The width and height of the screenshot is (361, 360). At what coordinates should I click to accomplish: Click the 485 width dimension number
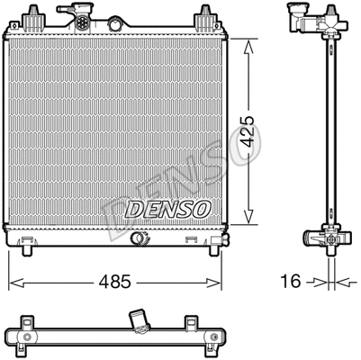(x=115, y=282)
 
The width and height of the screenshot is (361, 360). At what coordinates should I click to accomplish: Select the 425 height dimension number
(x=248, y=131)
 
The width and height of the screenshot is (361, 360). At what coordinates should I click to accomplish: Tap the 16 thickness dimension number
(x=290, y=281)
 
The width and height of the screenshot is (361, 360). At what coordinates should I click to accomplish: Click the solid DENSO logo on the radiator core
(x=167, y=209)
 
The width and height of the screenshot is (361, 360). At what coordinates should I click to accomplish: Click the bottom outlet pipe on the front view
(x=139, y=238)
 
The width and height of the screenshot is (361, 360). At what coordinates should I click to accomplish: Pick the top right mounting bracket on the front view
(x=204, y=20)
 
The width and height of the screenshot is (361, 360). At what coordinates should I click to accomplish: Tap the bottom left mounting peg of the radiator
(x=27, y=251)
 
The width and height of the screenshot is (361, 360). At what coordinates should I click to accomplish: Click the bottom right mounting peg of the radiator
(x=213, y=251)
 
